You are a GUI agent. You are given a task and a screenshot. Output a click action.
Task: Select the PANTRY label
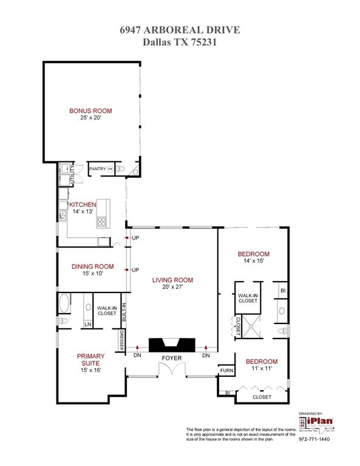click(x=98, y=169)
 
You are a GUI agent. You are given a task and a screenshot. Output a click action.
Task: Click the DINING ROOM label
click(x=92, y=266)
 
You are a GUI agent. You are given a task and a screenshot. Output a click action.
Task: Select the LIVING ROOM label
click(x=172, y=280)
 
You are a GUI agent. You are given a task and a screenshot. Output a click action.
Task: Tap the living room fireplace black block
click(x=171, y=344)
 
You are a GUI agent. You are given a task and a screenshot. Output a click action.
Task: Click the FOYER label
click(x=172, y=359)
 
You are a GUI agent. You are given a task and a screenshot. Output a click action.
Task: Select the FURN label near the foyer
click(x=226, y=370)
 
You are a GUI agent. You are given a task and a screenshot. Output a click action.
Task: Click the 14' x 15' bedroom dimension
click(x=253, y=261)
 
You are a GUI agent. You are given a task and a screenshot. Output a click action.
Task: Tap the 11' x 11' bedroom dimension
click(x=262, y=368)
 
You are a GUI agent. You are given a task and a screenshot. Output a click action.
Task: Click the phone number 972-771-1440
click(x=314, y=439)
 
